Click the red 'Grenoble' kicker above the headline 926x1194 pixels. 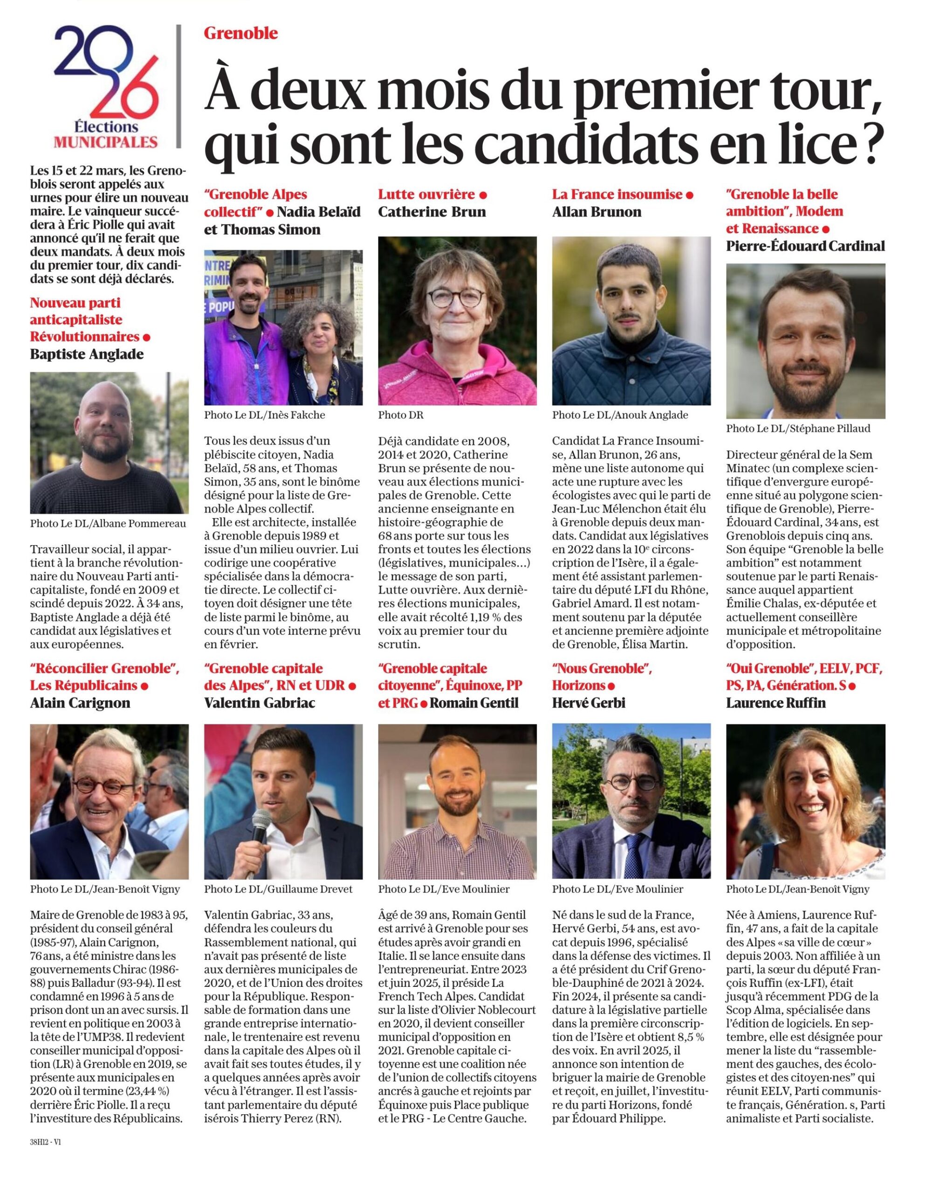tap(240, 34)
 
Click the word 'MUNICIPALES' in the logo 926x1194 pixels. tap(105, 142)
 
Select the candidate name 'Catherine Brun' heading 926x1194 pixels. tap(432, 212)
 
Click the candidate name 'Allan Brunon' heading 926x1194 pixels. tap(597, 212)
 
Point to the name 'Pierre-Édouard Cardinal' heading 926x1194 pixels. tap(805, 246)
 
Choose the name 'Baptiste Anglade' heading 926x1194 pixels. tap(87, 354)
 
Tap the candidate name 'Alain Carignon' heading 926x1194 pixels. tap(80, 702)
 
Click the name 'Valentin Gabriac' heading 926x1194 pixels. tap(260, 702)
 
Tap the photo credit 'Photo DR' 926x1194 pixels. tap(400, 415)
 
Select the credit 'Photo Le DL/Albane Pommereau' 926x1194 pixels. tap(108, 524)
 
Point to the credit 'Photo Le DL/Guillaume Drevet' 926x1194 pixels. tap(279, 889)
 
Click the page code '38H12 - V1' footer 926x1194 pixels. tap(46, 1143)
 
